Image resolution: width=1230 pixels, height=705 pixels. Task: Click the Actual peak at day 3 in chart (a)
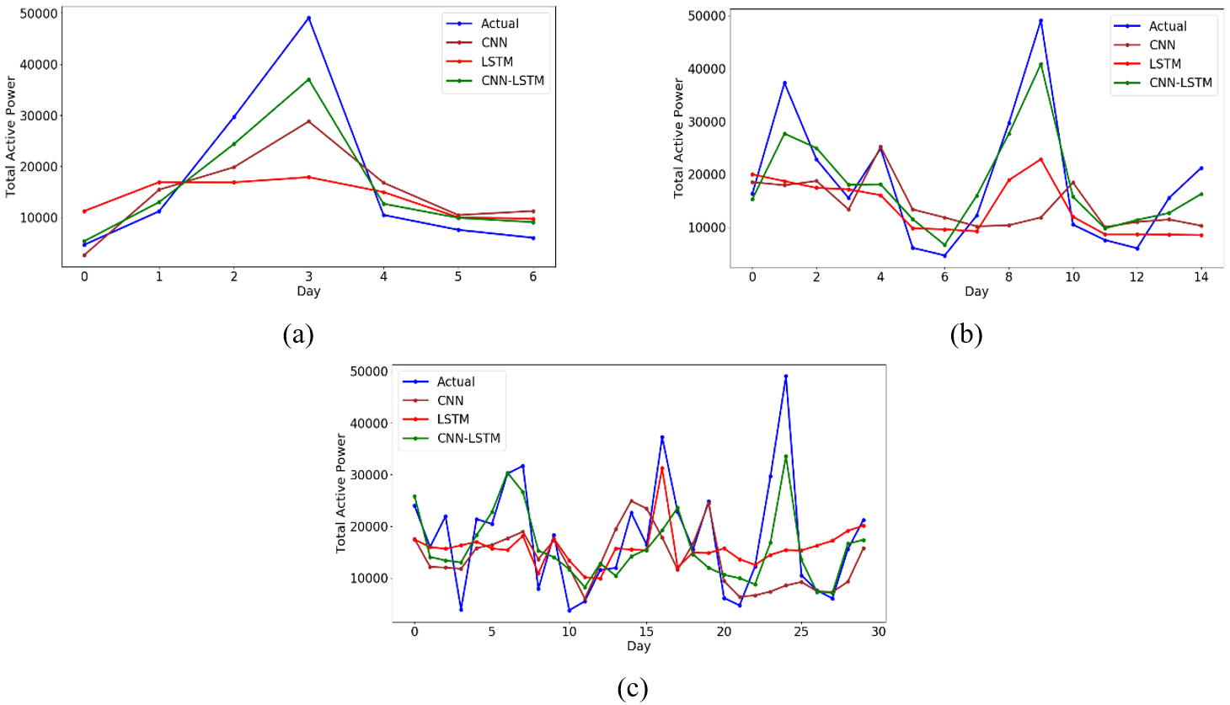308,18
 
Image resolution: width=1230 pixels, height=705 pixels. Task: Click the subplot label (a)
298,335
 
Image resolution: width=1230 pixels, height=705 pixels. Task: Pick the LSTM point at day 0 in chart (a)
84,211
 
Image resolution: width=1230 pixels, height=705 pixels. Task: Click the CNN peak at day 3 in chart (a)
308,121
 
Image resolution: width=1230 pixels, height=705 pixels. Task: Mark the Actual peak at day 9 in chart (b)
1040,21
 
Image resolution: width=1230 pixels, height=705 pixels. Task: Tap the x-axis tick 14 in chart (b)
1201,276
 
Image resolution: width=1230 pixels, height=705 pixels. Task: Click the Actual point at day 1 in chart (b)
784,83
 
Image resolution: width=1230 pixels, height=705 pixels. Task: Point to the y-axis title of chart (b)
679,138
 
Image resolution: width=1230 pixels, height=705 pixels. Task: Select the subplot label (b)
966,335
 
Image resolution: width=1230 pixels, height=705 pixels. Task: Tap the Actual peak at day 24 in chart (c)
786,377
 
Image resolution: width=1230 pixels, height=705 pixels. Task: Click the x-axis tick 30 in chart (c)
879,632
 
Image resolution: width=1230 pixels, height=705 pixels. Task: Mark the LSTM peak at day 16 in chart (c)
662,468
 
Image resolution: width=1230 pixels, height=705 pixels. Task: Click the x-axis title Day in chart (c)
639,646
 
